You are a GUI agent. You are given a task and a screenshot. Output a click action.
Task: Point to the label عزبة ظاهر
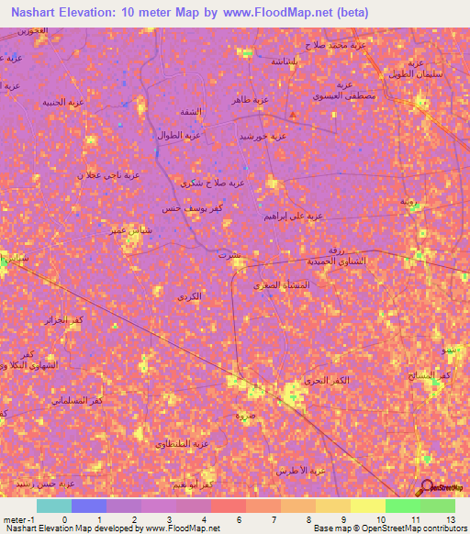click(250, 99)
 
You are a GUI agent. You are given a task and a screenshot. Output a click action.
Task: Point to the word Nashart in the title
click(36, 13)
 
